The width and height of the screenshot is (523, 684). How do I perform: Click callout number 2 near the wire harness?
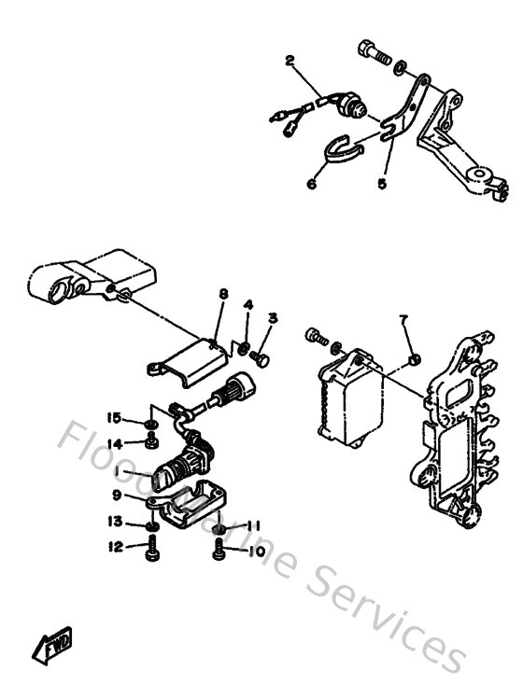point(290,62)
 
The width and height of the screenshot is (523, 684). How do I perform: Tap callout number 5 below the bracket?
point(381,184)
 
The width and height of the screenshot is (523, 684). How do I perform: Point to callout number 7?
point(404,320)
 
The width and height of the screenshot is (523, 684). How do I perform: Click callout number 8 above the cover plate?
point(223,295)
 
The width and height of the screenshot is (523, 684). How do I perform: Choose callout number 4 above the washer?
point(248,305)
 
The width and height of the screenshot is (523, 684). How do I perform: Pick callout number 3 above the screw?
point(273,318)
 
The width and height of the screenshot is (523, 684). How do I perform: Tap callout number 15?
point(114,416)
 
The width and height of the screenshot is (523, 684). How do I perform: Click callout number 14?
point(114,443)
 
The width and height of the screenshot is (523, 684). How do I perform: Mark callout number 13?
point(114,521)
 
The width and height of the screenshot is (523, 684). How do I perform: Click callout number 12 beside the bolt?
point(114,547)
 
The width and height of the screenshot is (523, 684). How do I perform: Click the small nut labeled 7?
point(414,358)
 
